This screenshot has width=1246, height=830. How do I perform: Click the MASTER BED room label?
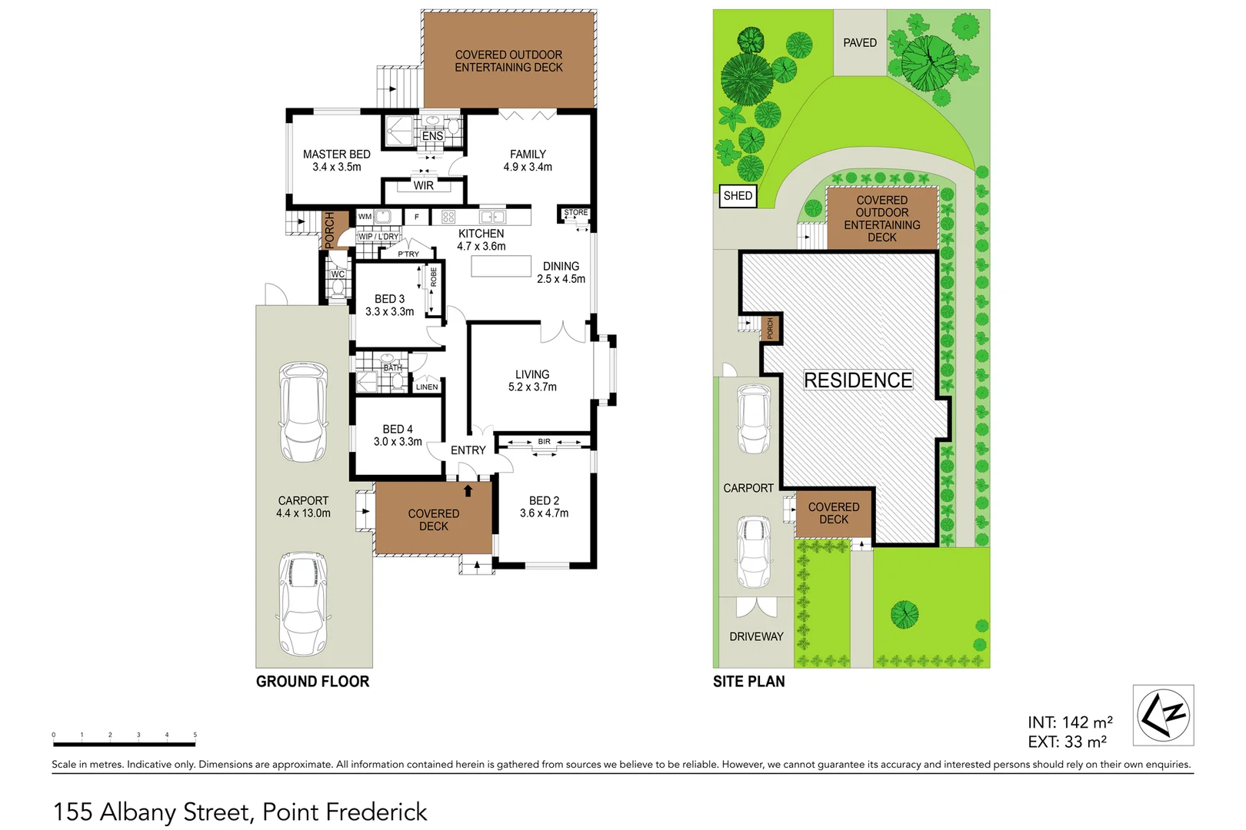(337, 154)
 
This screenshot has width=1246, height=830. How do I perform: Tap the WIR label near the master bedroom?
(423, 185)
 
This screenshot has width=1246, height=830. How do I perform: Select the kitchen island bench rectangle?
(501, 266)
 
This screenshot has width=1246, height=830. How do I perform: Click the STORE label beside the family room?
(575, 212)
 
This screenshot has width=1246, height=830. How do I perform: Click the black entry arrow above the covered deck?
(468, 490)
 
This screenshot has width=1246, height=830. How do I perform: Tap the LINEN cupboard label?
(427, 387)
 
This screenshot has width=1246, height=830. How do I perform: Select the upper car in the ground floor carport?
(302, 412)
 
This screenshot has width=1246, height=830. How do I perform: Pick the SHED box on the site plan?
(738, 196)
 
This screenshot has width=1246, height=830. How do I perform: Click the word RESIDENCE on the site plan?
(858, 380)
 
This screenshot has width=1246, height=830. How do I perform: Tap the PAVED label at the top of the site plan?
(859, 43)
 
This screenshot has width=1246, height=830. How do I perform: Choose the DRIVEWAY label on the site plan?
(756, 636)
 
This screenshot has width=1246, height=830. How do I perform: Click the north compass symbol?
(1163, 715)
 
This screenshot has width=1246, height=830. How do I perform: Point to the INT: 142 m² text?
(1070, 722)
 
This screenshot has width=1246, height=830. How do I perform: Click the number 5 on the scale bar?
(195, 735)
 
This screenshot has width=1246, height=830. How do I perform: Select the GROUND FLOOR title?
(312, 682)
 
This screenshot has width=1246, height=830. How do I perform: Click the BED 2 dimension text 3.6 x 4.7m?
(544, 513)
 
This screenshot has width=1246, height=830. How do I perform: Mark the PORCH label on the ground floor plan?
(330, 230)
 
